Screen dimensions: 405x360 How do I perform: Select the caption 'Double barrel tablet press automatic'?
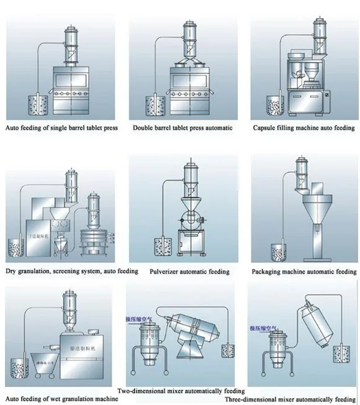[182, 128]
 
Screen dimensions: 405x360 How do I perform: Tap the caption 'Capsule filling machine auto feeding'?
[304, 128]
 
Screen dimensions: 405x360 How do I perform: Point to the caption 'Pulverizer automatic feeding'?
[189, 272]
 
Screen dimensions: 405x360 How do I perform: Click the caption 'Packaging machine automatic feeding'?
[304, 272]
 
